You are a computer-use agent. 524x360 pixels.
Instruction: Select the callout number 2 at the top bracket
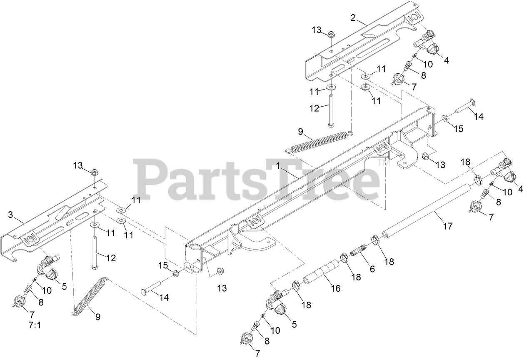coord(353,17)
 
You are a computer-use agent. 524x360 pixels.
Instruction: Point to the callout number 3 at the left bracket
coord(11,215)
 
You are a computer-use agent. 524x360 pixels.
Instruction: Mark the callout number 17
coord(448,226)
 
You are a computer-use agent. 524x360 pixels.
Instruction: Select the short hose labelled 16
coord(321,272)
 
